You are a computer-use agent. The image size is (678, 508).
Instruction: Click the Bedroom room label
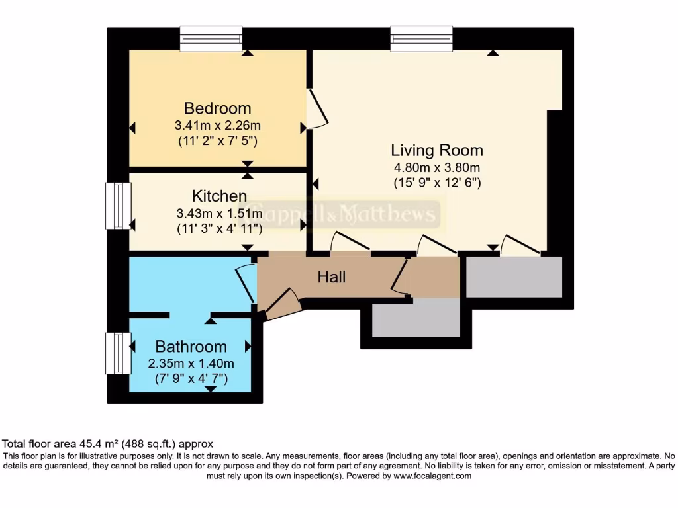(x=217, y=108)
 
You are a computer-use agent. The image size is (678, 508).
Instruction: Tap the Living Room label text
(x=436, y=150)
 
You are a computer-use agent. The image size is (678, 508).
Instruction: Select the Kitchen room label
(x=219, y=196)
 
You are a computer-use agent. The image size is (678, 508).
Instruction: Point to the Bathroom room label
(x=191, y=347)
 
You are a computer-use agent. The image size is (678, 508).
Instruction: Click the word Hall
(x=332, y=277)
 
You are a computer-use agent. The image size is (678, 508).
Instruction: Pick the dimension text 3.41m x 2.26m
(x=217, y=125)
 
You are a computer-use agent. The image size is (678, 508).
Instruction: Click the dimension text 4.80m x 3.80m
(x=436, y=167)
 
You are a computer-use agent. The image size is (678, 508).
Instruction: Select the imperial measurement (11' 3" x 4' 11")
(x=219, y=229)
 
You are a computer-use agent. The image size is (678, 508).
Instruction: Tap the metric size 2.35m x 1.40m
(x=191, y=363)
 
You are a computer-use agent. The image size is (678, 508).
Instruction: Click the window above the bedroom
(x=211, y=38)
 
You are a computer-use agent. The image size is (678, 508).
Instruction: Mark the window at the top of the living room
(x=421, y=38)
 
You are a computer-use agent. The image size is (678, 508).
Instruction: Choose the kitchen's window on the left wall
(x=118, y=206)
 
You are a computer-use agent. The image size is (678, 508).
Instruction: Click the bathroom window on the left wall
(x=118, y=353)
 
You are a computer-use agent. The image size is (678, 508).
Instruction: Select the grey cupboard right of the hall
(x=514, y=277)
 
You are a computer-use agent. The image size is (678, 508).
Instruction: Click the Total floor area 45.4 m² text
(x=108, y=444)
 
